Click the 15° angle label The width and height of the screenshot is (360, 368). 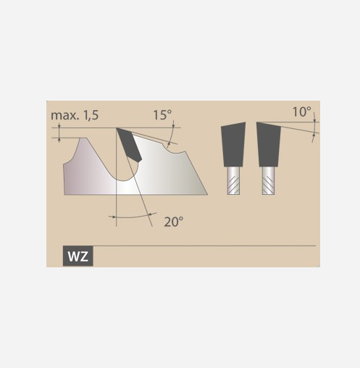coord(162,115)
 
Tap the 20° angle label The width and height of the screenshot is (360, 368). coord(174,222)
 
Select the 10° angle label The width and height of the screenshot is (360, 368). coord(302,112)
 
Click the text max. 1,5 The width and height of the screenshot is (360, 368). coord(75,115)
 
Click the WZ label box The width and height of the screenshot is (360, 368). coord(78,256)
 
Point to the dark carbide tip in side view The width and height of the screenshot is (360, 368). coord(129,144)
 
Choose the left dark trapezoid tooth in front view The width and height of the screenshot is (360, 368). coord(233,144)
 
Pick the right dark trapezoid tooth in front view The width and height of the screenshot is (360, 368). coord(269,144)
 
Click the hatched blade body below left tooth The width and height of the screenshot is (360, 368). coord(233,180)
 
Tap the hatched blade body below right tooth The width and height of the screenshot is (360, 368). coord(269,180)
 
